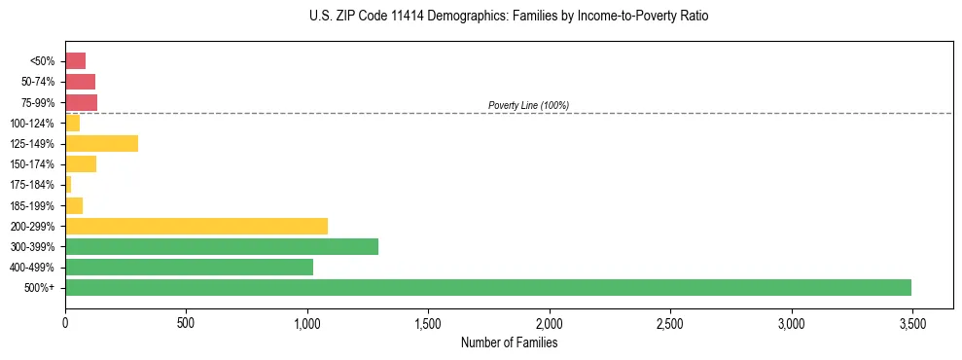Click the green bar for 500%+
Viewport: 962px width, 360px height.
[x=488, y=287]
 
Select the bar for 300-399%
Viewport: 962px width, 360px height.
[x=222, y=246]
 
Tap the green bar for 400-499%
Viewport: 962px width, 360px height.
[x=190, y=267]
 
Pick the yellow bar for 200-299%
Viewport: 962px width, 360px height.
[x=196, y=226]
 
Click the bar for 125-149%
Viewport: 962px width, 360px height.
[x=102, y=144]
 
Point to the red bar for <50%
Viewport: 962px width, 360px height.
[x=76, y=61]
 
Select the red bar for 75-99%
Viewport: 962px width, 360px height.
[x=82, y=102]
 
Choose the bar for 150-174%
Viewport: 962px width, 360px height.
[x=81, y=164]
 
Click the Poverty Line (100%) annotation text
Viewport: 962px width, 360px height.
[x=528, y=105]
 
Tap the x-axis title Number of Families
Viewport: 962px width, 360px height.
[x=509, y=342]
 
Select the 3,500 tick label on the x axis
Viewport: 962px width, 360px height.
[x=911, y=322]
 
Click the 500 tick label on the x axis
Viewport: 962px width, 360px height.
[x=187, y=322]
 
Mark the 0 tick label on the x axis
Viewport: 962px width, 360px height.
[x=65, y=322]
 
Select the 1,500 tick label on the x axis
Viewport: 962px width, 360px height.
[x=428, y=322]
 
